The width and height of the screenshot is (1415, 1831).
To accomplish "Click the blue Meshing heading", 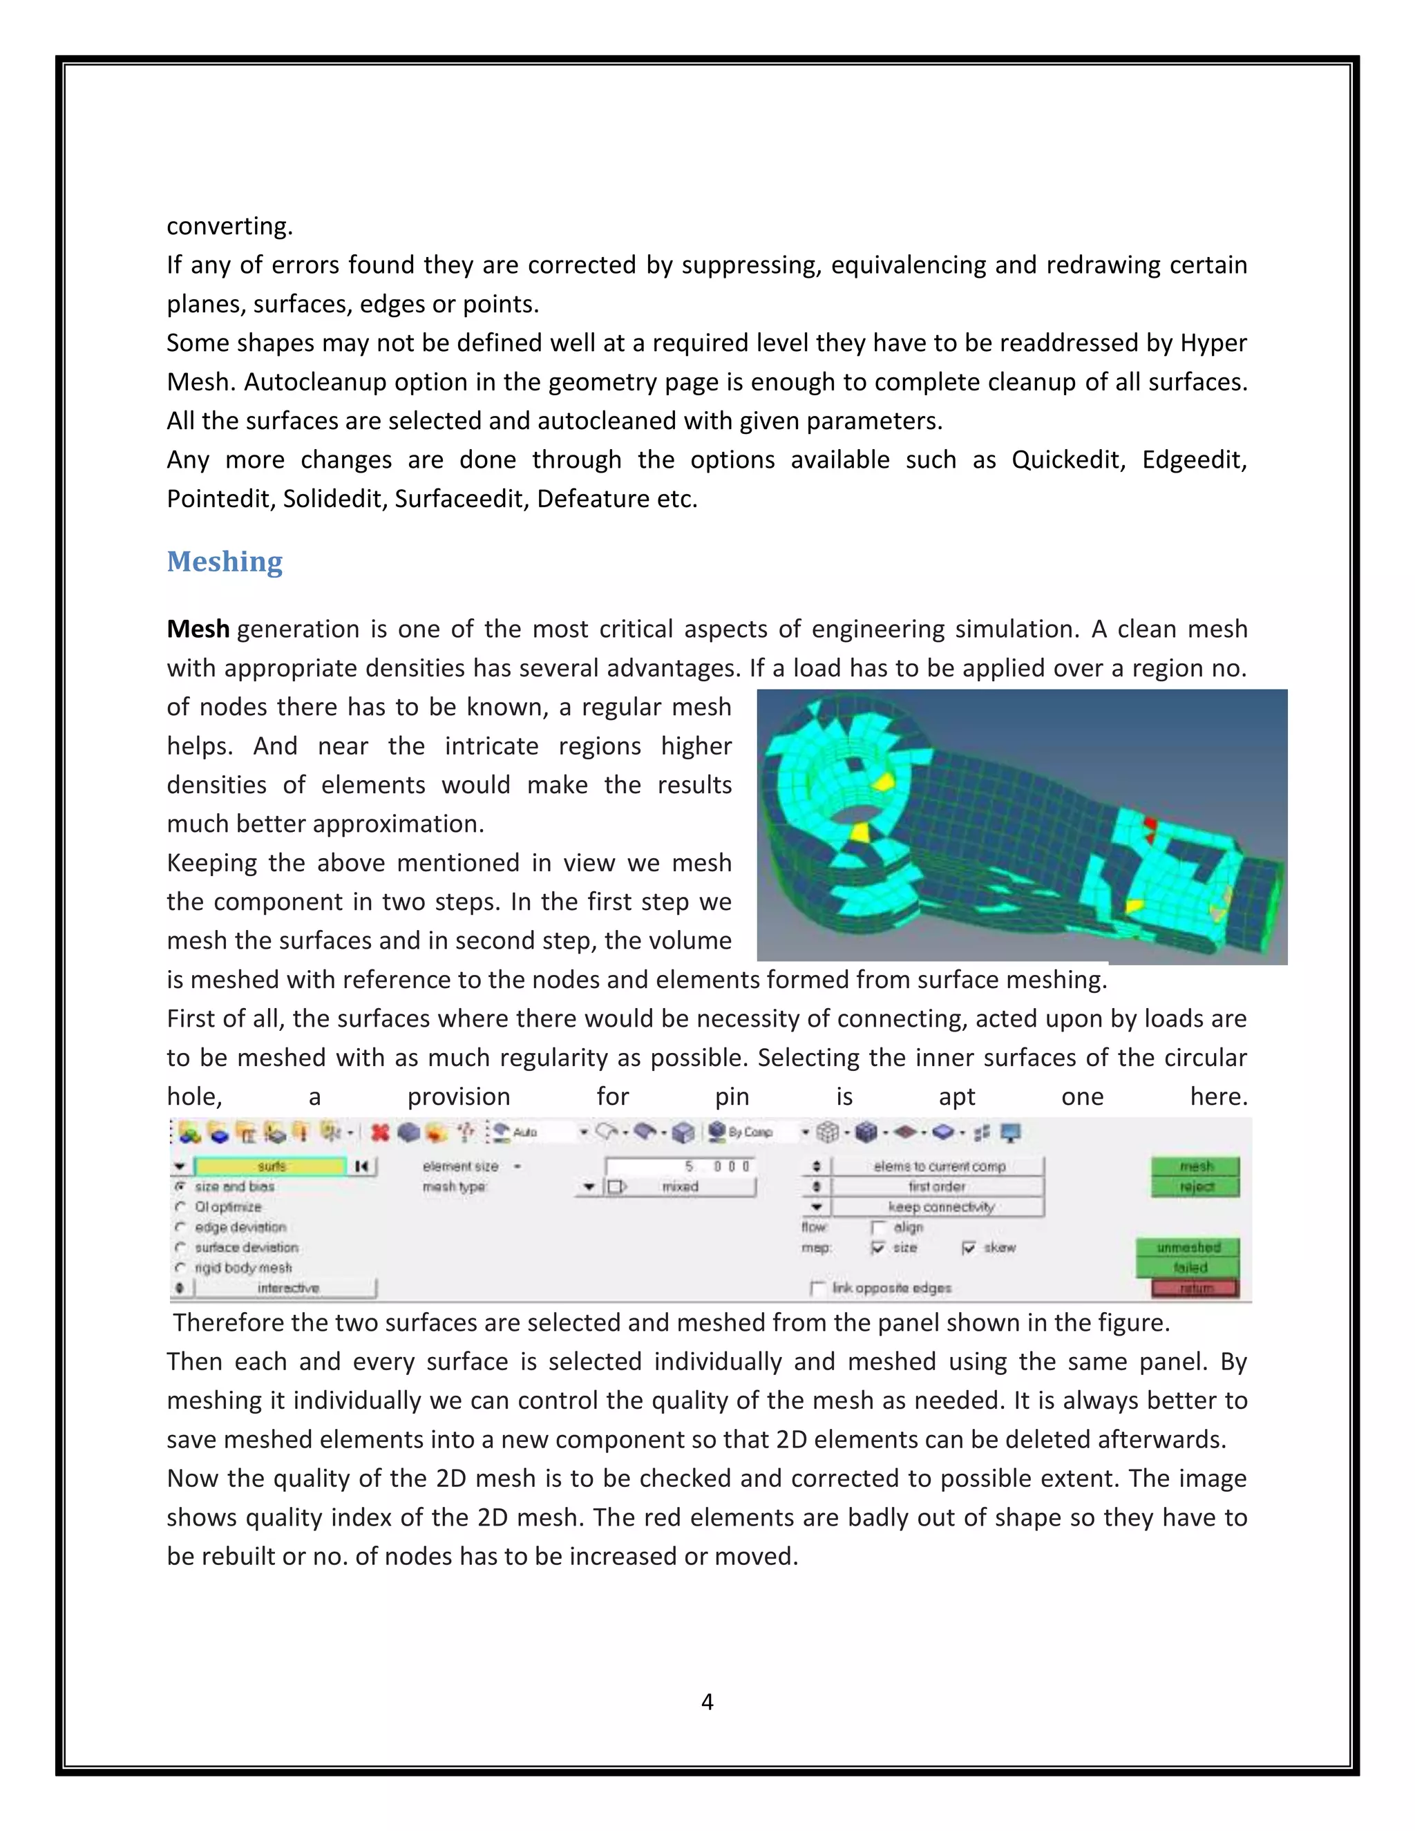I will pos(225,561).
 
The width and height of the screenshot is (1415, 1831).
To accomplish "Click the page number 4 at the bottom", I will pos(707,1701).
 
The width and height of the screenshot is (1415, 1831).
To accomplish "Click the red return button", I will pos(1195,1288).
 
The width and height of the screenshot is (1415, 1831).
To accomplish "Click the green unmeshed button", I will pos(1188,1247).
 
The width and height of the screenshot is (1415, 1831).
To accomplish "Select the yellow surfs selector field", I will pos(270,1166).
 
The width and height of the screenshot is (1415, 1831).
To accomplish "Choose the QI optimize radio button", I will pos(180,1206).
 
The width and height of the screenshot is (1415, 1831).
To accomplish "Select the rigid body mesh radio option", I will pos(180,1268).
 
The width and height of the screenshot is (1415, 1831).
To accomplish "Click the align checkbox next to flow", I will pos(877,1227).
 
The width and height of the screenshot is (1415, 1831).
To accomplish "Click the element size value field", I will pos(680,1166).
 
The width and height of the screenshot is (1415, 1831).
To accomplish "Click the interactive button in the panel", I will pos(287,1288).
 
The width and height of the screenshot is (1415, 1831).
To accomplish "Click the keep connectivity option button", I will pos(939,1206).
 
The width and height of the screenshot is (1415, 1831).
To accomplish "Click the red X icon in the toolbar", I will pos(380,1132).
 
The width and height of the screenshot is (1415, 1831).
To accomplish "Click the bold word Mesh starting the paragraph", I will pos(198,629).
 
